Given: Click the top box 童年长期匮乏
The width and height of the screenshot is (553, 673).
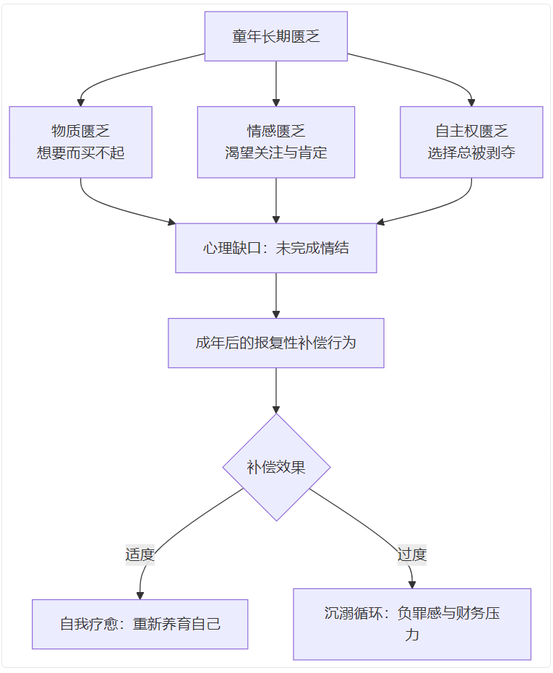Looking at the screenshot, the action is pos(276,36).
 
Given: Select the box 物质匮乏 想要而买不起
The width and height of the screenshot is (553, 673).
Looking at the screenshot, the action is pos(81,142).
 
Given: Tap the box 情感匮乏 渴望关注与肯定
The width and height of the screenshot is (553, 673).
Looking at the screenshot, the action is pos(276,142).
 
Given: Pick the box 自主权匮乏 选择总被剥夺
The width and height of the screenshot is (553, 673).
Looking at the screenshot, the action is pos(471,142).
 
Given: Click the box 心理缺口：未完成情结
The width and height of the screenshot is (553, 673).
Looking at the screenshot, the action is pos(276,248).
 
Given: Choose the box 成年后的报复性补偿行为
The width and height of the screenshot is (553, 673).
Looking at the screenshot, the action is pos(276,343).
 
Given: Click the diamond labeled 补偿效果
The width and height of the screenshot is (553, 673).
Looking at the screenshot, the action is pos(276,467).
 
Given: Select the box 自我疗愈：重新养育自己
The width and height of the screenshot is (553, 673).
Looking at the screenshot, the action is pos(140,624).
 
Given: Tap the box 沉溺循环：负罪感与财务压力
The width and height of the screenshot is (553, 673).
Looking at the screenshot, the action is pos(412,624).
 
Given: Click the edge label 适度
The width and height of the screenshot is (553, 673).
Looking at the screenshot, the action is pos(140,554).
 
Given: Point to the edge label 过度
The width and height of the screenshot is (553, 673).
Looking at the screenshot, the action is pos(412,554).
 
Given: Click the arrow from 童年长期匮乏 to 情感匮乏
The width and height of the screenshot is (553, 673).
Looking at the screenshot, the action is pos(276,84).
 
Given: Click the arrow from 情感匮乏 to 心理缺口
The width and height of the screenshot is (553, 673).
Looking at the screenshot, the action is pos(276,200).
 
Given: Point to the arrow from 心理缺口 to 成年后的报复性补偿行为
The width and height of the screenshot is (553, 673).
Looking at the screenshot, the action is pos(276,295).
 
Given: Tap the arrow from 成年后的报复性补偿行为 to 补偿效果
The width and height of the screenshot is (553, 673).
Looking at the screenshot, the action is pos(276,390).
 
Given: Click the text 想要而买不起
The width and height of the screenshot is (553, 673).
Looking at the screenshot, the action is pos(81,153).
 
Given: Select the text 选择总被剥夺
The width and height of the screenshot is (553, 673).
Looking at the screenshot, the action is pos(471,153).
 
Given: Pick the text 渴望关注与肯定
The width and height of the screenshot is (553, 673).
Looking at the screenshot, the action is pos(276,153).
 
